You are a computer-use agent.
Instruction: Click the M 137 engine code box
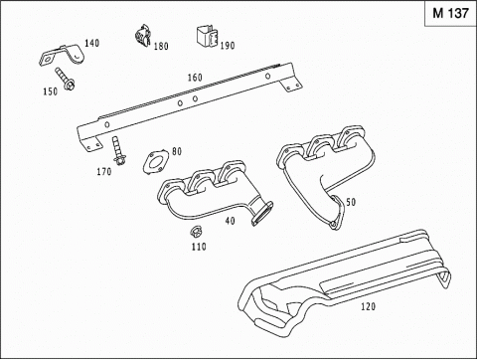[x=450, y=14]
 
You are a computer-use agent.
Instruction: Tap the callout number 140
[x=91, y=43]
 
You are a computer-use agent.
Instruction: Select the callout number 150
[x=51, y=91]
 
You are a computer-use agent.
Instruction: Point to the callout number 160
[x=195, y=78]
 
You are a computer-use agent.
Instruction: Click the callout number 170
[x=104, y=172]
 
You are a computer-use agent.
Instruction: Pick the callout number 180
[x=161, y=46]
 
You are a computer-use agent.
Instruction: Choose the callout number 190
[x=228, y=46]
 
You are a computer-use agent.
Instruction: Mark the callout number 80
[x=177, y=151]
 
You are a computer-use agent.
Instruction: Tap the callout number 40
[x=230, y=221]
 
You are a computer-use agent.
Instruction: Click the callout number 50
[x=351, y=202]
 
